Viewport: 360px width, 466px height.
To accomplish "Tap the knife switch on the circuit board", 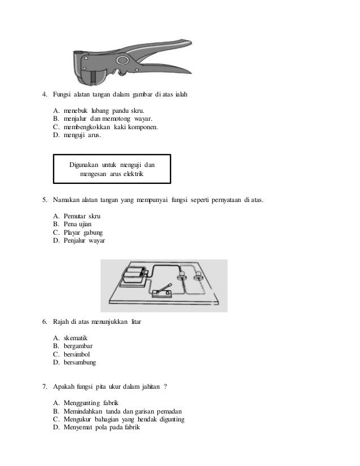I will point(163,290).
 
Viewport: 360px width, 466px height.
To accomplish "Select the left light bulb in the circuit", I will point(182,276).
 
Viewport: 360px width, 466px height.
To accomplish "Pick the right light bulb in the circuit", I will point(198,276).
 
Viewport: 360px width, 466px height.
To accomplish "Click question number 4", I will point(45,94).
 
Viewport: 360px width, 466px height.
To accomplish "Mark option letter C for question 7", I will point(56,420).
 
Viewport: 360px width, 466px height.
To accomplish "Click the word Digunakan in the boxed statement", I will point(86,164).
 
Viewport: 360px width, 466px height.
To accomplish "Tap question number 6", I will point(45,322).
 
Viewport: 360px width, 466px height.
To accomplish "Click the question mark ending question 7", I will point(165,387).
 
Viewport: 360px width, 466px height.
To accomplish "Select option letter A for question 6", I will point(56,338).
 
